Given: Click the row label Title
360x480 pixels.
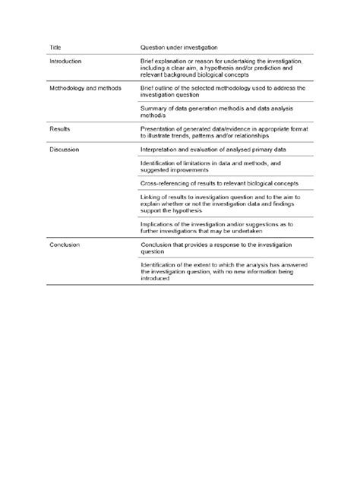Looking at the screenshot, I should (x=55, y=47).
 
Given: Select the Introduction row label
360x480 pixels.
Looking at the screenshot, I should (x=65, y=61).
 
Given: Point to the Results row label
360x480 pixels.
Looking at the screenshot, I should (x=60, y=129).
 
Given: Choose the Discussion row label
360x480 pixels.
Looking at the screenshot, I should (x=64, y=150).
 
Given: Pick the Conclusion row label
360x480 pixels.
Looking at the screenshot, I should (x=65, y=245).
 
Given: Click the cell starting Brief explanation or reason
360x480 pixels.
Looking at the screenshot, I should (x=221, y=68).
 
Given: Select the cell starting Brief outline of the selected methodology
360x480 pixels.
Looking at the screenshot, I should (x=223, y=92).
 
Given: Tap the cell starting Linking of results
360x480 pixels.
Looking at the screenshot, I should (x=221, y=204).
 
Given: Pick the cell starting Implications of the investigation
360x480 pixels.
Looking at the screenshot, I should (x=218, y=228).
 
